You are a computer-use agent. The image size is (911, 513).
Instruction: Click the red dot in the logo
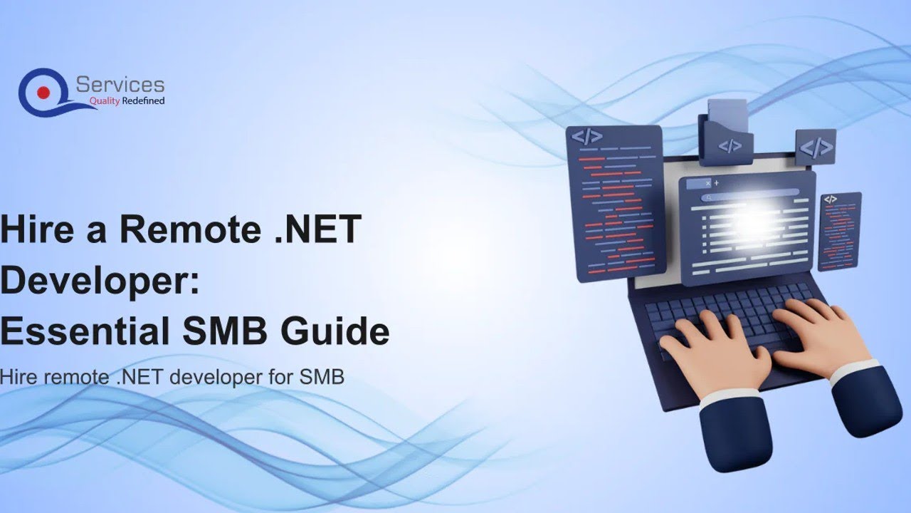(43, 92)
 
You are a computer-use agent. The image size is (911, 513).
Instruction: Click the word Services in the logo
(120, 85)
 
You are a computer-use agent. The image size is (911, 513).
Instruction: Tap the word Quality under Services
(103, 101)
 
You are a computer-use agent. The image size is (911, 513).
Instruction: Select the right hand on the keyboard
(818, 335)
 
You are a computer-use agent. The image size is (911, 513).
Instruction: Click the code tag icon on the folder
(730, 146)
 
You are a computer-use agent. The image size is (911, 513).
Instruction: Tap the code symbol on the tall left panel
(587, 137)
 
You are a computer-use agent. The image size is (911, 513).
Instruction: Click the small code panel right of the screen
(840, 232)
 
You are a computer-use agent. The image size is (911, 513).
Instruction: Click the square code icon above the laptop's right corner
(816, 147)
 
